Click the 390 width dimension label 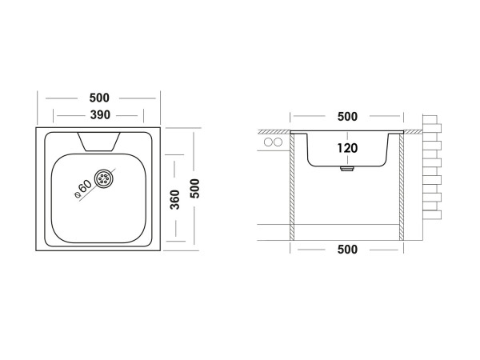[99, 115]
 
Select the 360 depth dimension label [174, 199]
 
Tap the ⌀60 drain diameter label [82, 190]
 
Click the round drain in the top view [104, 178]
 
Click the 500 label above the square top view [99, 98]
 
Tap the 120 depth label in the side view [346, 148]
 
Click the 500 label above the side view [347, 116]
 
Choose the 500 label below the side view [347, 250]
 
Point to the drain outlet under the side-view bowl [346, 169]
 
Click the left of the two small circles [267, 142]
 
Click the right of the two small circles [278, 142]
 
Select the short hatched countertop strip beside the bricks [413, 130]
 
